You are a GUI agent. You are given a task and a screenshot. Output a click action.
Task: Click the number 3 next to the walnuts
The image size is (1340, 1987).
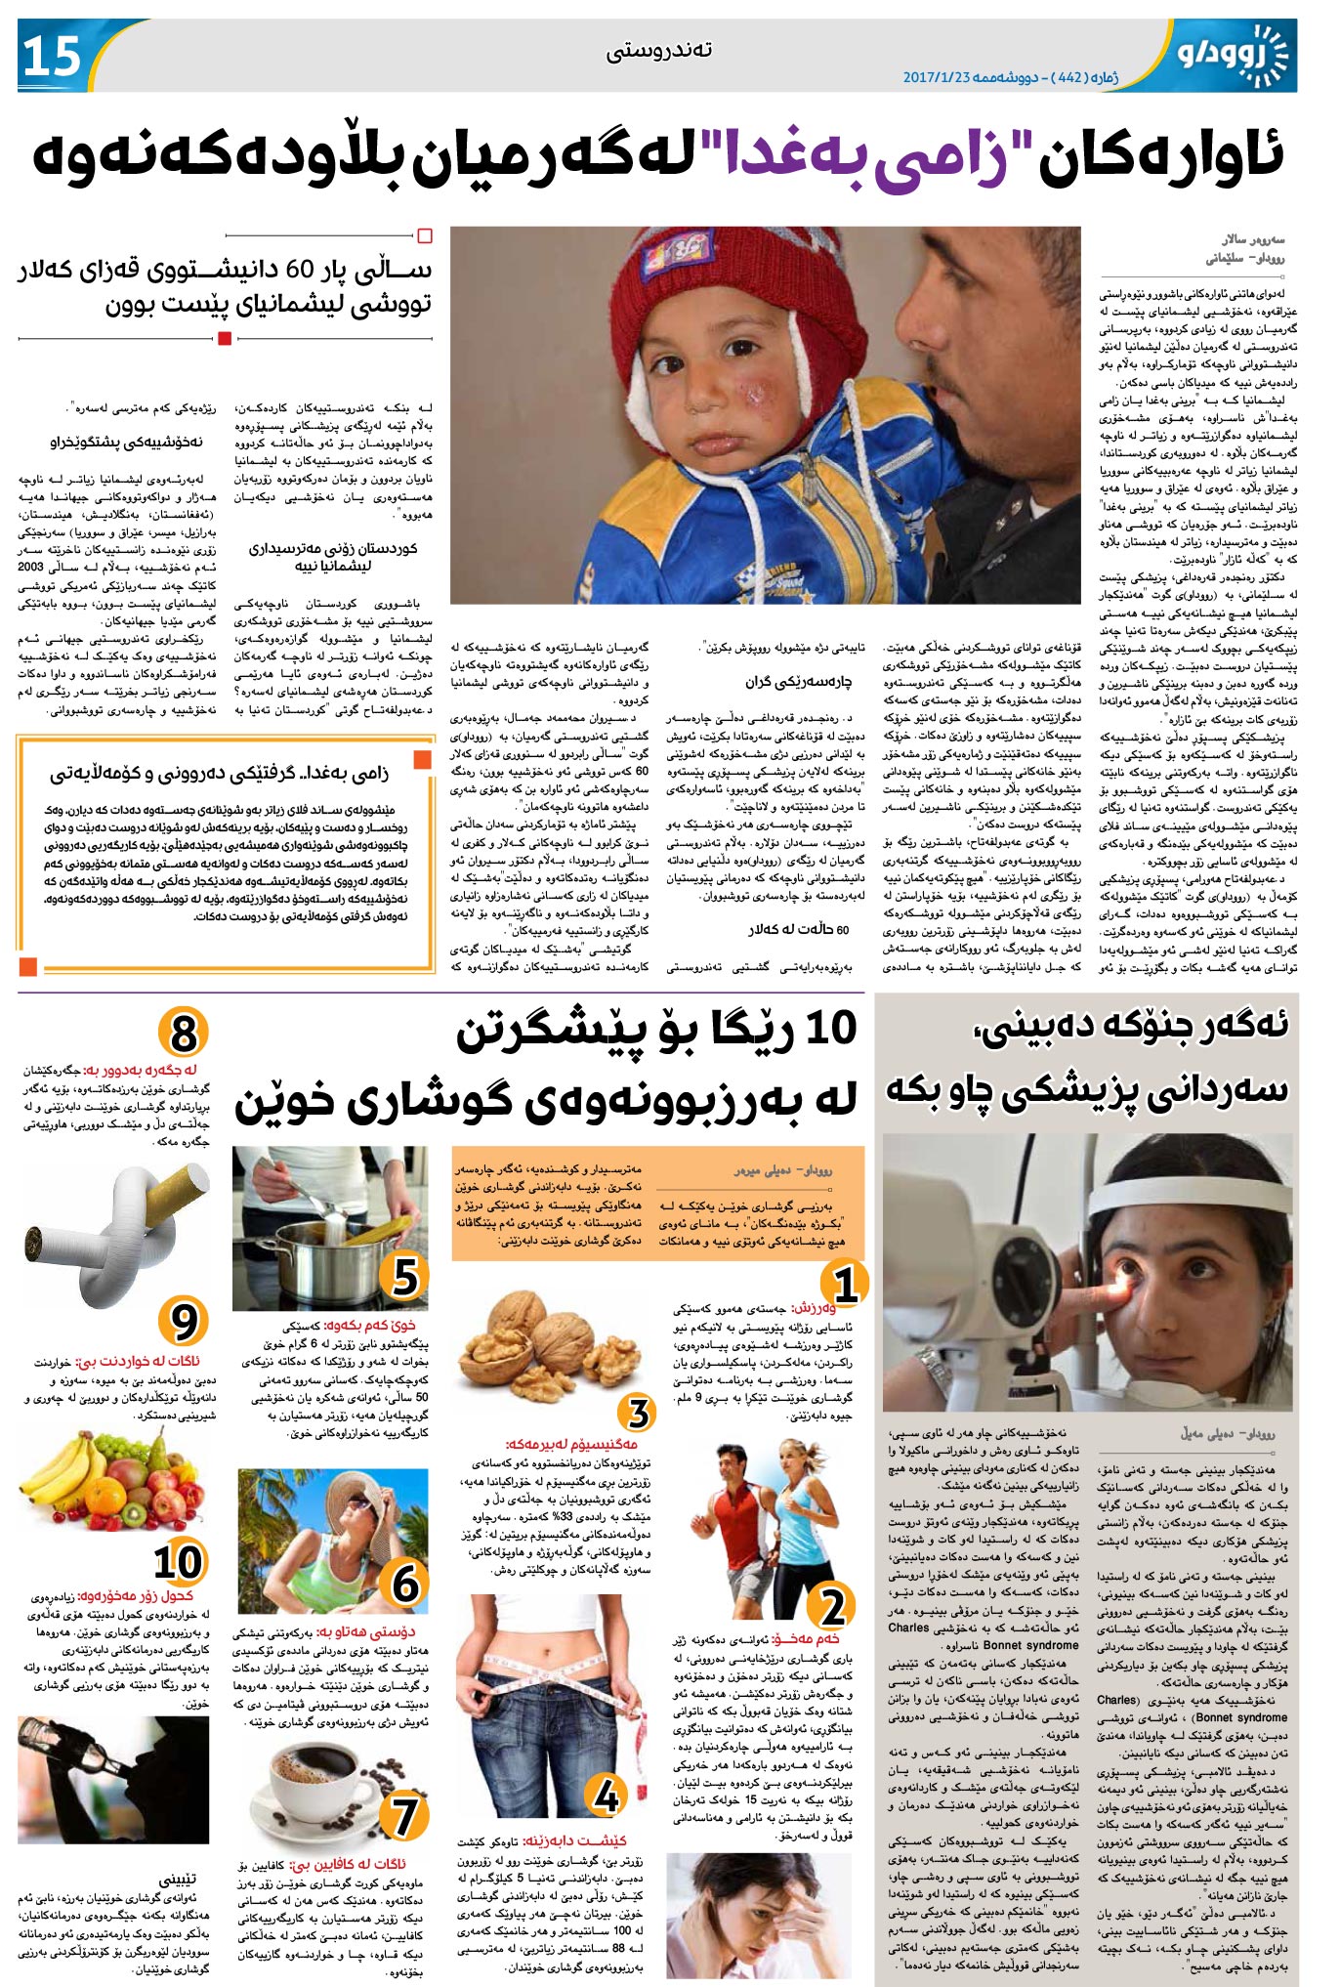pyautogui.click(x=638, y=1414)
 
